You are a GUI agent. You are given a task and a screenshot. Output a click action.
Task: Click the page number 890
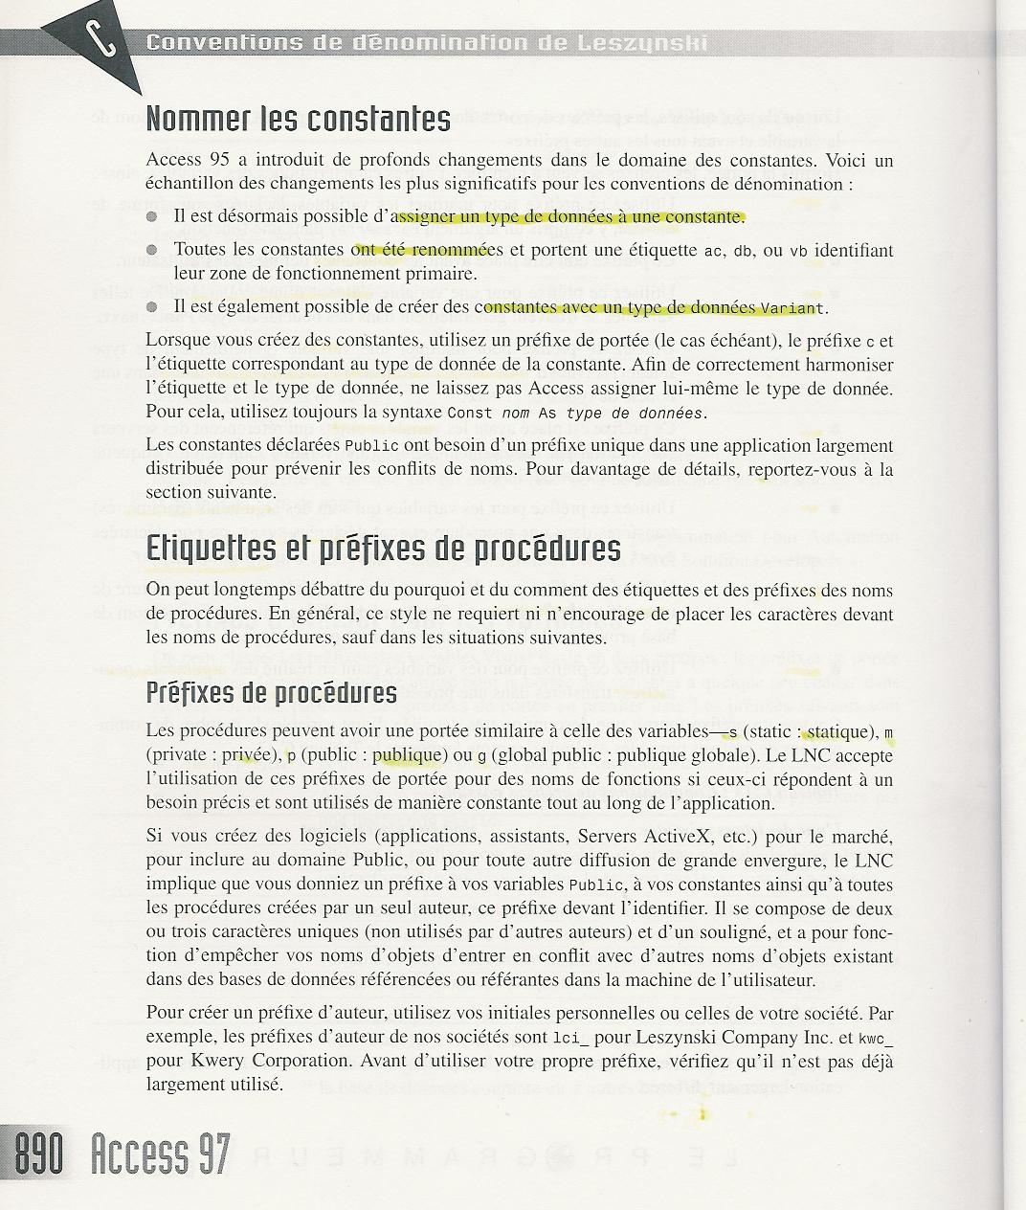point(37,1154)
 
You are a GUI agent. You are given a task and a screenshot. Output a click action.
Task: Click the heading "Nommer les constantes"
point(298,119)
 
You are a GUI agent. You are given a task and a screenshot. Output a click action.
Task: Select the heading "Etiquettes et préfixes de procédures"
point(383,549)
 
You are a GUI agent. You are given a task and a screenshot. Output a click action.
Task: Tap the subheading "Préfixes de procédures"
point(271,692)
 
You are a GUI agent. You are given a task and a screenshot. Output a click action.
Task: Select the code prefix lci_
point(572,1038)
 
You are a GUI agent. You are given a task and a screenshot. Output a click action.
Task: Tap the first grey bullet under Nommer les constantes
point(152,216)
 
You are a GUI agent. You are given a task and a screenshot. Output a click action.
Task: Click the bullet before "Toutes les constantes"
point(152,251)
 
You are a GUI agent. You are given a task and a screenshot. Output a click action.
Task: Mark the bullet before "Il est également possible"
point(152,307)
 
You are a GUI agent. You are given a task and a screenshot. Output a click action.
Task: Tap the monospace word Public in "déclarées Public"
point(364,447)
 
